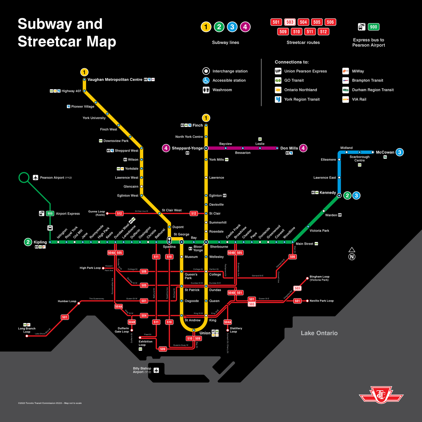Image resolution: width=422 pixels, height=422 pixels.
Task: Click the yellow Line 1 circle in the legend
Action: (206, 27)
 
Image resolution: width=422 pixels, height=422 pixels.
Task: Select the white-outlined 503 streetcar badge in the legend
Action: (290, 22)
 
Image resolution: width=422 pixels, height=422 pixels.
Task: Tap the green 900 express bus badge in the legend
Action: (373, 27)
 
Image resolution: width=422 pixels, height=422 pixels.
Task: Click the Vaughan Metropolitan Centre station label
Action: (115, 79)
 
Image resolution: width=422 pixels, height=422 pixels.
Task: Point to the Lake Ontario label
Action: (319, 333)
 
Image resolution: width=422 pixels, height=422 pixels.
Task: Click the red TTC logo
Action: (381, 396)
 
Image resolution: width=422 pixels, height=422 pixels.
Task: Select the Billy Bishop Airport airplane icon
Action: (156, 370)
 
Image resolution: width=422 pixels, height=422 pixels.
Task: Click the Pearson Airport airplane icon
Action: (36, 178)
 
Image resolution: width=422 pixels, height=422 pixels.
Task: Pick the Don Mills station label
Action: (289, 148)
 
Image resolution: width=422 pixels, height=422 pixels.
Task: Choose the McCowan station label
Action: (385, 152)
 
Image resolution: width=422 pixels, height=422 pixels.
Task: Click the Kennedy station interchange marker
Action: (339, 195)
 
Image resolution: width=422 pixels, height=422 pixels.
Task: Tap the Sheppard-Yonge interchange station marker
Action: (206, 148)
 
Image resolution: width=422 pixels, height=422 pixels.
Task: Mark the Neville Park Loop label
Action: (321, 301)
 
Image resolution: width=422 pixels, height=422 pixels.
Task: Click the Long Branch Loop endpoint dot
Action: (27, 336)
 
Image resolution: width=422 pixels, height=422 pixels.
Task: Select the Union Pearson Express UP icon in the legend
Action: (278, 71)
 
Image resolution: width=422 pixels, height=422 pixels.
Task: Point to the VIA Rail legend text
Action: (359, 99)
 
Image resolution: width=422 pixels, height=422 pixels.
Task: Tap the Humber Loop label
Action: (67, 301)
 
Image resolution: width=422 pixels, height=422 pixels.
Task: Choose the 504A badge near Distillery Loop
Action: (228, 322)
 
